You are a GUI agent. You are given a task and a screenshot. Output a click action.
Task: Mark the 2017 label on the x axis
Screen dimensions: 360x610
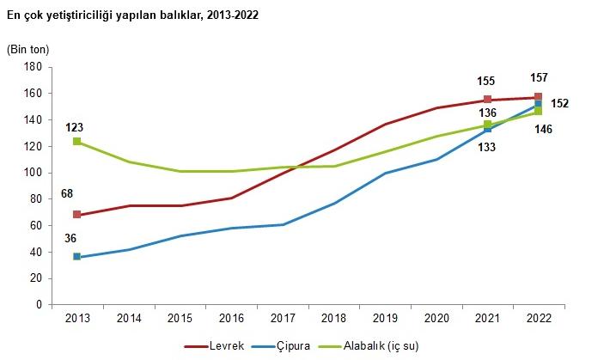282,319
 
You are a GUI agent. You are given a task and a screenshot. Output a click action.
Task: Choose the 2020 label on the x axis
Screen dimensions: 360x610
436,319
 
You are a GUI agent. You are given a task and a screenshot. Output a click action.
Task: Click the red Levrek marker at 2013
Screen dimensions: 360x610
76,215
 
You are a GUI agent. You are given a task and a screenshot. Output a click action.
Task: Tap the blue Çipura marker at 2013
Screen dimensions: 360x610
76,257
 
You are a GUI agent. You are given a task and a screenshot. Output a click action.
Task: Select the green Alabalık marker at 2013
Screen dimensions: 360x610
76,142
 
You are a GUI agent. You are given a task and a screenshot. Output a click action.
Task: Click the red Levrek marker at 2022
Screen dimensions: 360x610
538,97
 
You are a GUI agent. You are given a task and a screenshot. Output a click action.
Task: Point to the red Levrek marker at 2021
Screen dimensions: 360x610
487,100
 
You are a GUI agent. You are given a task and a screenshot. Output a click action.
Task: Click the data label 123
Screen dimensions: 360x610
75,127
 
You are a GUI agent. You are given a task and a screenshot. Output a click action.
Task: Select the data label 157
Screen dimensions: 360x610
539,77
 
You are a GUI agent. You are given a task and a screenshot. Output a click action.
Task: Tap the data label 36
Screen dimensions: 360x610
71,240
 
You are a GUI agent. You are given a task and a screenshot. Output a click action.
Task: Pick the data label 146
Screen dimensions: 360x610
543,130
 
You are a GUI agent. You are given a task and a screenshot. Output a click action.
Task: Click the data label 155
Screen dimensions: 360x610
486,82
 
